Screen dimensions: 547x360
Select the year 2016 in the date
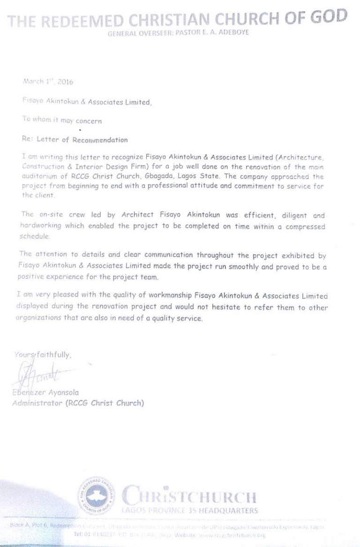[x=64, y=81]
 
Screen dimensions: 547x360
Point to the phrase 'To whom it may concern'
[x=61, y=120]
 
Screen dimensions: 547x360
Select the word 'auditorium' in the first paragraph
[x=39, y=176]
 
